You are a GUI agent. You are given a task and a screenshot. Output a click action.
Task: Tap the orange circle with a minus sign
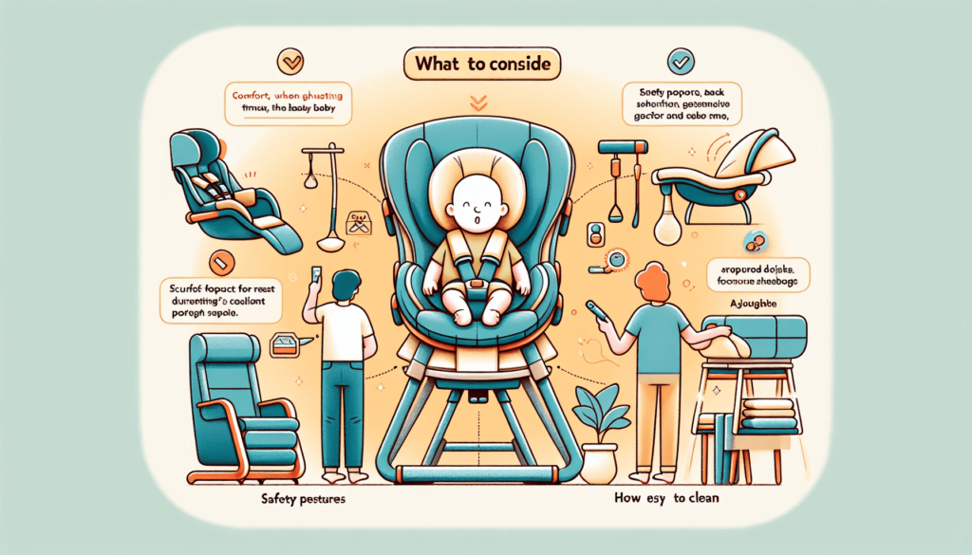point(215,255)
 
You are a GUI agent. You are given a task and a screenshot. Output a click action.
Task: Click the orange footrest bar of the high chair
point(477,472)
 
